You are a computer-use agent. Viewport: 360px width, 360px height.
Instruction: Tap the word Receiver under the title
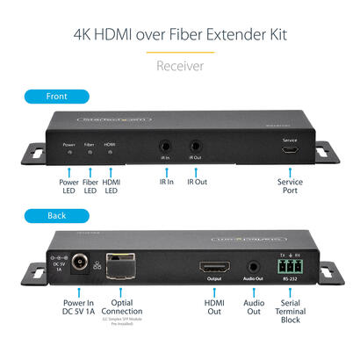(179, 65)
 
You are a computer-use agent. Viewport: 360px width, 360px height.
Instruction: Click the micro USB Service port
(289, 151)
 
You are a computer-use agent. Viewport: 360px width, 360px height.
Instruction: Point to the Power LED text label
(69, 188)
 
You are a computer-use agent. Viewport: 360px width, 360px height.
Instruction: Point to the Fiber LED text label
(90, 188)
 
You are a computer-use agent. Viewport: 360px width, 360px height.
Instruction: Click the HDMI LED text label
(112, 188)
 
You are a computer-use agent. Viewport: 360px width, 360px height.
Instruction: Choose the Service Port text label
(289, 188)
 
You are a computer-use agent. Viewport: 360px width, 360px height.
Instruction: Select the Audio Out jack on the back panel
(254, 264)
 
